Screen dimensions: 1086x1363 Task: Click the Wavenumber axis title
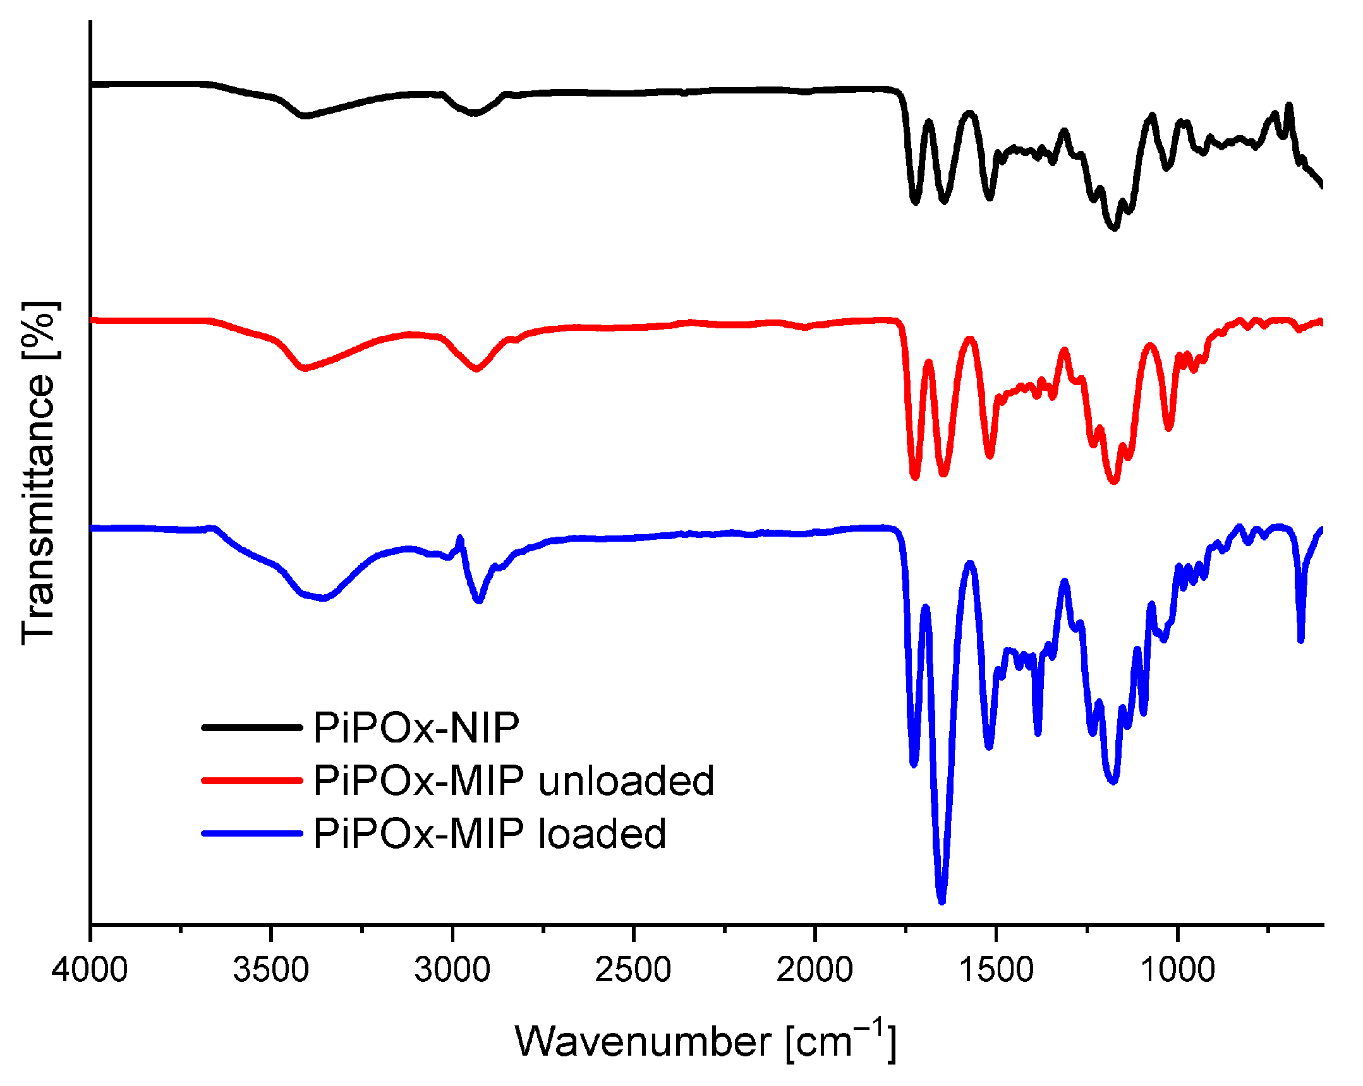pyautogui.click(x=706, y=1041)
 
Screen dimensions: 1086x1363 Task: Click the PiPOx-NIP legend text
pyautogui.click(x=416, y=728)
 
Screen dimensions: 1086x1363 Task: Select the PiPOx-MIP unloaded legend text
pyautogui.click(x=514, y=781)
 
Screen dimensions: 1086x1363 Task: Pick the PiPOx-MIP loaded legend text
pyautogui.click(x=490, y=834)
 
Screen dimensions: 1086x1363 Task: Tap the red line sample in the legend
pyautogui.click(x=252, y=781)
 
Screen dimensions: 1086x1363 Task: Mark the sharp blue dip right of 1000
pyautogui.click(x=1300, y=640)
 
